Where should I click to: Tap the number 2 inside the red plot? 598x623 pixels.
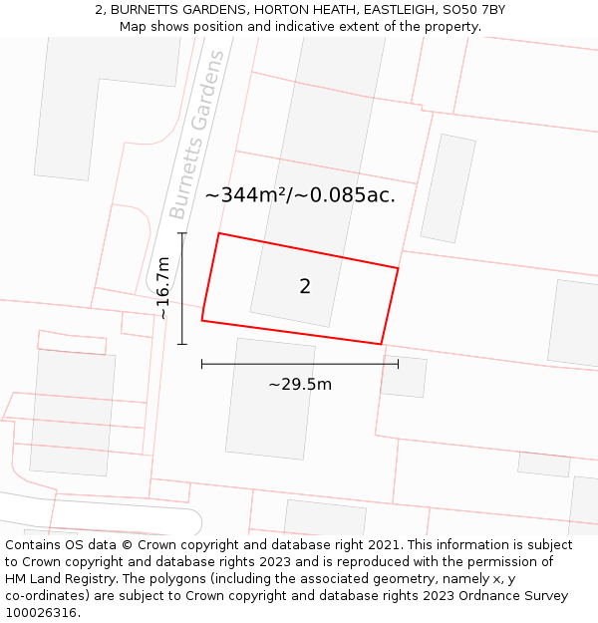click(x=305, y=287)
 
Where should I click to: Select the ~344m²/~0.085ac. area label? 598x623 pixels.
click(x=300, y=195)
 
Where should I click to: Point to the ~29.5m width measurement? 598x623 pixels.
click(x=300, y=384)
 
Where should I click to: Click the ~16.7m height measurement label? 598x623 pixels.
click(x=163, y=288)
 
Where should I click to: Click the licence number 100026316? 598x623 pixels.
click(x=41, y=613)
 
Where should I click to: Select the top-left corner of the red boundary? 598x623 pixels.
click(x=218, y=233)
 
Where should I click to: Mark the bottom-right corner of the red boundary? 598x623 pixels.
click(x=381, y=344)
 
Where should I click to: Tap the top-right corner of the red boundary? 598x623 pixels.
click(x=399, y=268)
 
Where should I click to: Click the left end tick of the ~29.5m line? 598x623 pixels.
click(x=201, y=364)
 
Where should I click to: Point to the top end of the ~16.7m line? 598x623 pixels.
click(x=182, y=233)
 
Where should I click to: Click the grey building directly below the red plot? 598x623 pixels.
click(x=269, y=399)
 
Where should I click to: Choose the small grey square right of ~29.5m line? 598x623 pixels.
click(x=404, y=376)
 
